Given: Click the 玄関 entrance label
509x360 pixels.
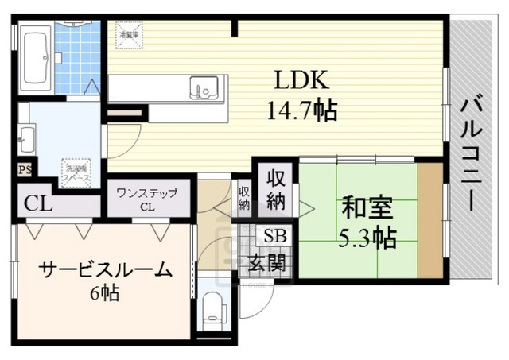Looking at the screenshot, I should [267, 263].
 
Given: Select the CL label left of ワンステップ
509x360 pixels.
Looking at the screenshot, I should [37, 203].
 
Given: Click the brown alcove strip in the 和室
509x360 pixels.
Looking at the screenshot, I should [430, 219].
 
